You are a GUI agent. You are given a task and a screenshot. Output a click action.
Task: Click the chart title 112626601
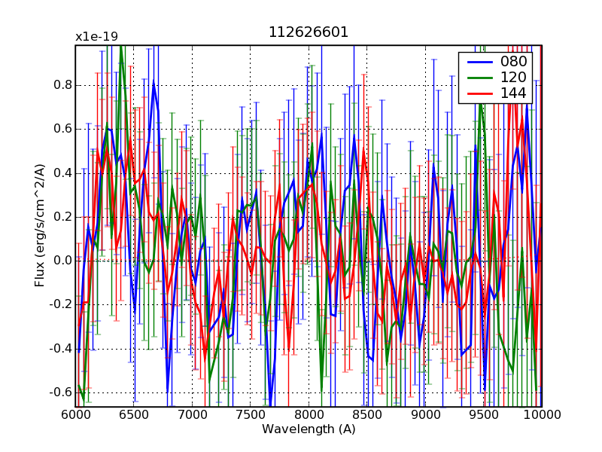click(309, 32)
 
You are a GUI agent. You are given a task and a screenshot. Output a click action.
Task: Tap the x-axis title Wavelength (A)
click(309, 429)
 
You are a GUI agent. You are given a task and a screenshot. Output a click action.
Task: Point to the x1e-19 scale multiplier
click(96, 36)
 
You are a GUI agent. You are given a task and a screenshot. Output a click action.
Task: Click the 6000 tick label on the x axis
click(75, 414)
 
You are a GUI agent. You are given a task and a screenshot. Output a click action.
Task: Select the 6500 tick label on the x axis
click(134, 414)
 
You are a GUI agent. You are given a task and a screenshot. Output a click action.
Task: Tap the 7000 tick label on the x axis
click(192, 414)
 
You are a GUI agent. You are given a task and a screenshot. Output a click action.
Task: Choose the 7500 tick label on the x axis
click(251, 414)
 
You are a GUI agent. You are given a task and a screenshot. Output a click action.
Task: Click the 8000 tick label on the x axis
click(309, 414)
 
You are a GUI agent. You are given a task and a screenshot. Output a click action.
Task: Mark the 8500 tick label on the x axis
click(367, 414)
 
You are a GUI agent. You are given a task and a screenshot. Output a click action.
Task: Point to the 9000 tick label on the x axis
click(425, 414)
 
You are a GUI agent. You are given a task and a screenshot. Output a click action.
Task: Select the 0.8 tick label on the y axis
click(62, 85)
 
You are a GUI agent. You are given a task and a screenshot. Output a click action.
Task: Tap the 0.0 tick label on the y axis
click(62, 261)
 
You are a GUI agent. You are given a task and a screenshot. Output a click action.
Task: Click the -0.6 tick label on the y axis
click(60, 392)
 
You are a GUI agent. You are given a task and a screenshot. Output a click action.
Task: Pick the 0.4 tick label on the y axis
click(62, 173)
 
